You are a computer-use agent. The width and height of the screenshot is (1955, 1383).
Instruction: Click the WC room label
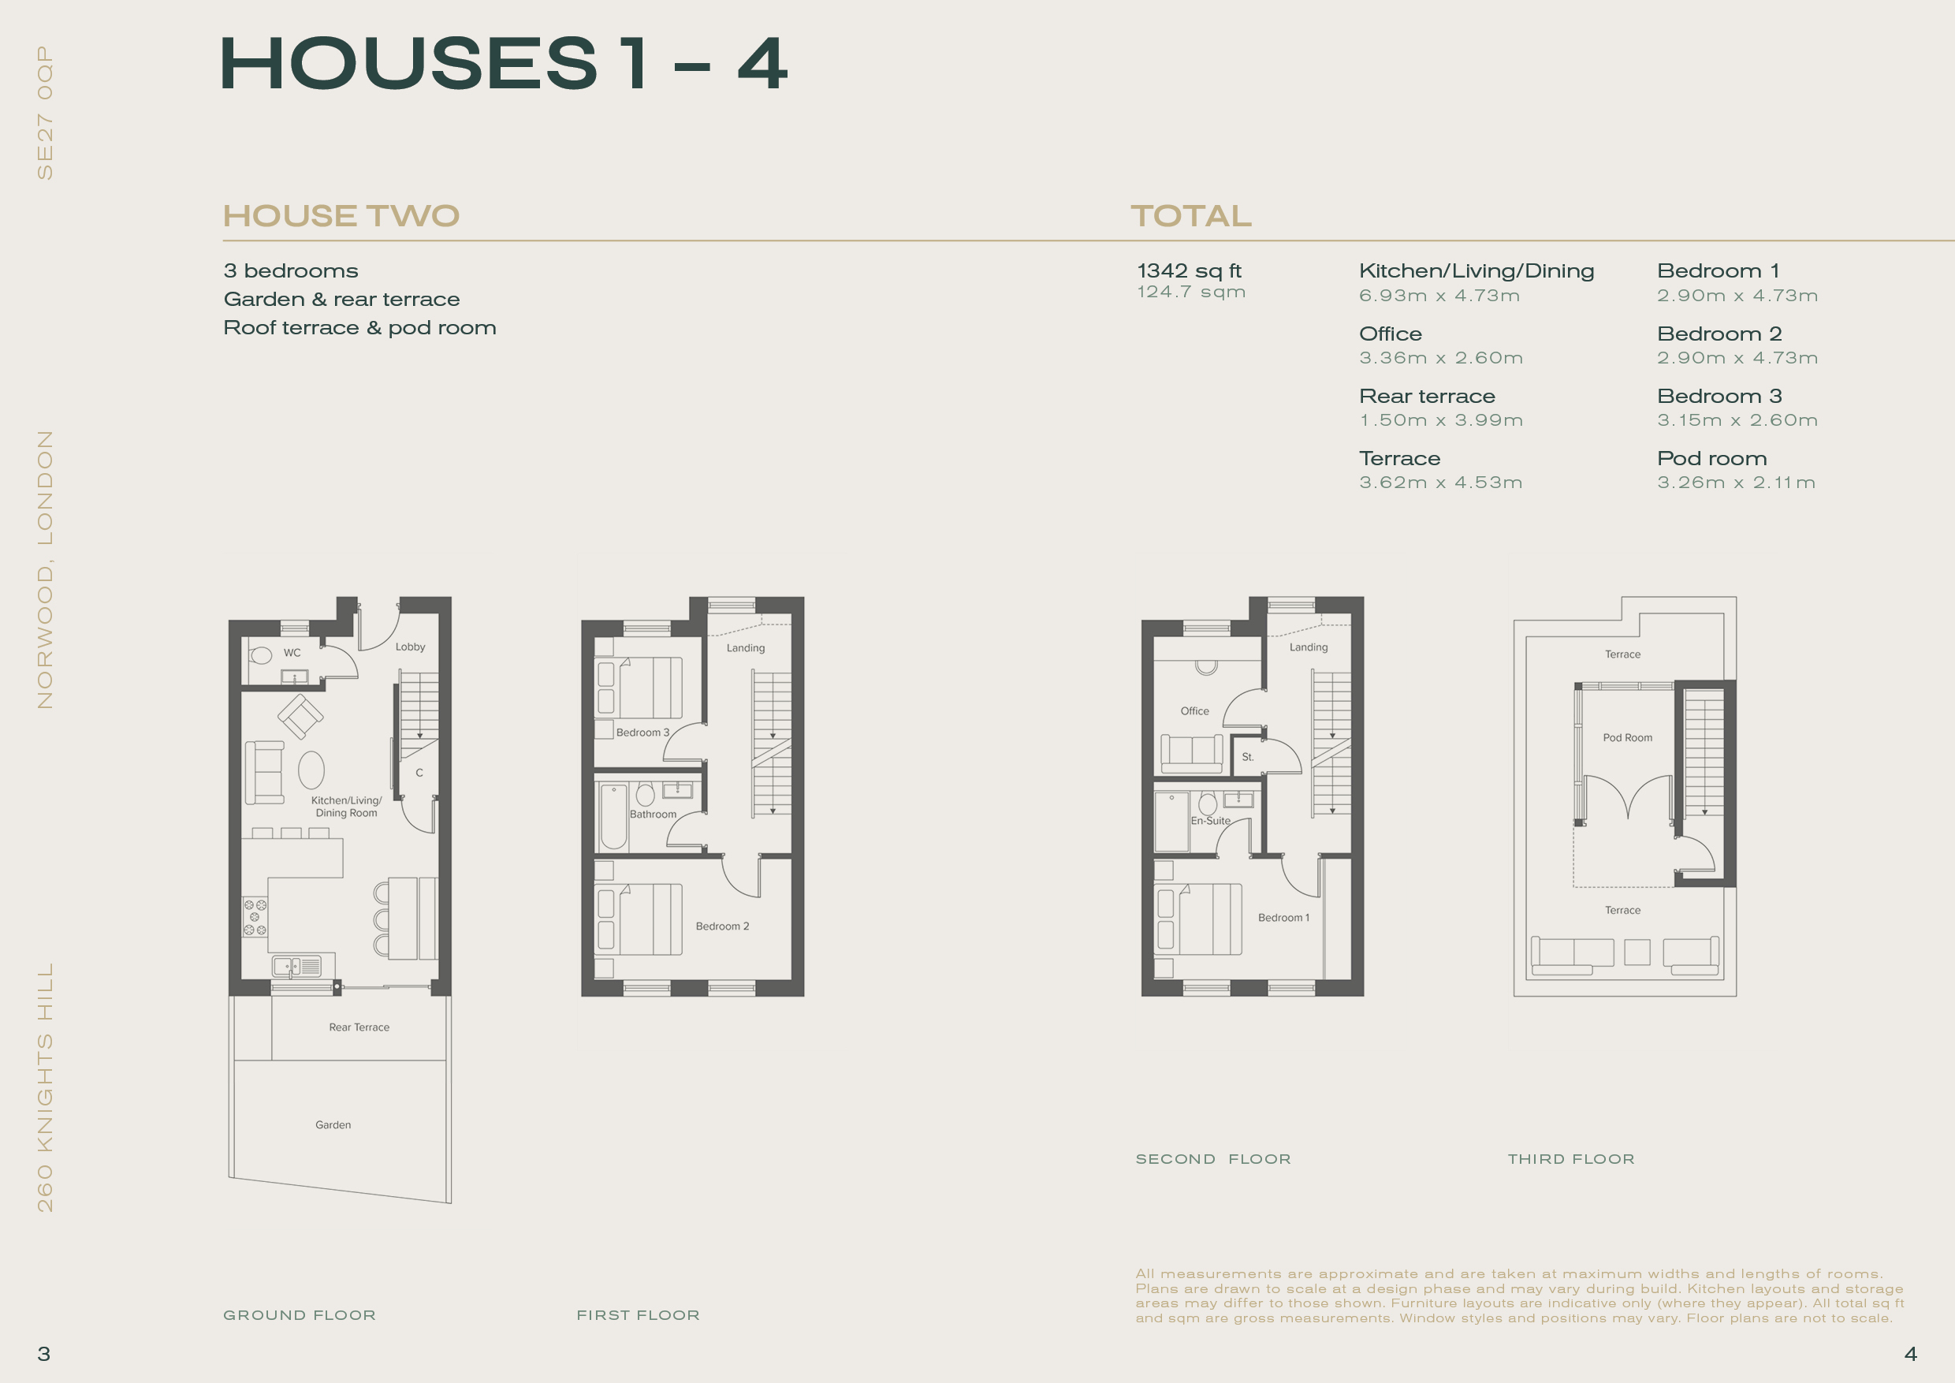pos(292,653)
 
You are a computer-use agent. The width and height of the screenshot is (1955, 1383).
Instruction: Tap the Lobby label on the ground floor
pos(411,647)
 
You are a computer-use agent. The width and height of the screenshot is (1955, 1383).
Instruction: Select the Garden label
pos(333,1125)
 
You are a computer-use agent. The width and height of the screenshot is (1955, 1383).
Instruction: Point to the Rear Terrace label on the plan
pos(359,1028)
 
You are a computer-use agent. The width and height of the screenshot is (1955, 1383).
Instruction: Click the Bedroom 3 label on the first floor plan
pos(643,733)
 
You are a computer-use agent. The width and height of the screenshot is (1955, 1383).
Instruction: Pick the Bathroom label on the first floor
pos(653,815)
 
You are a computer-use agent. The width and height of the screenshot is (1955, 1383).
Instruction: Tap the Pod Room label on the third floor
pos(1627,737)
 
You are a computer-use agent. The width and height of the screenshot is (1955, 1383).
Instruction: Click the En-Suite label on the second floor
pos(1210,821)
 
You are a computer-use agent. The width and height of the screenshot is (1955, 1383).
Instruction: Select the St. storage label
pos(1247,757)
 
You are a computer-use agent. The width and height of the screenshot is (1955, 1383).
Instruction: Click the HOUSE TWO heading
pos(341,216)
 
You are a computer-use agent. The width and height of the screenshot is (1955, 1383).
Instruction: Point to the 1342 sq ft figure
pos(1190,270)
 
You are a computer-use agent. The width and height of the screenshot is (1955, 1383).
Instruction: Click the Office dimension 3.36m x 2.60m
pos(1441,358)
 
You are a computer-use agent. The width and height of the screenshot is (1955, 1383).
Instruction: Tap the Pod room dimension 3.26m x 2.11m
pos(1736,483)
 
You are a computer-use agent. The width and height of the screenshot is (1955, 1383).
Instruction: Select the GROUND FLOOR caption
pos(300,1316)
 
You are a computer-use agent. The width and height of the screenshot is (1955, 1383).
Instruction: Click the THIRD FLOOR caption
pos(1571,1159)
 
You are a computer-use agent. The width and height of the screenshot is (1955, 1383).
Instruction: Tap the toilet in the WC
pos(259,655)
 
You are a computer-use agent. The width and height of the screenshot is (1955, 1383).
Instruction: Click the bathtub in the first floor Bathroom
pos(614,817)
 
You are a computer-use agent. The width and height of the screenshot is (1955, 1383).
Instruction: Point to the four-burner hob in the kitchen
pos(255,916)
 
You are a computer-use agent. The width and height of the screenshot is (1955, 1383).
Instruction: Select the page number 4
pos(1910,1354)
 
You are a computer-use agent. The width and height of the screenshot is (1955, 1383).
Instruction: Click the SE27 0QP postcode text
pos(45,113)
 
